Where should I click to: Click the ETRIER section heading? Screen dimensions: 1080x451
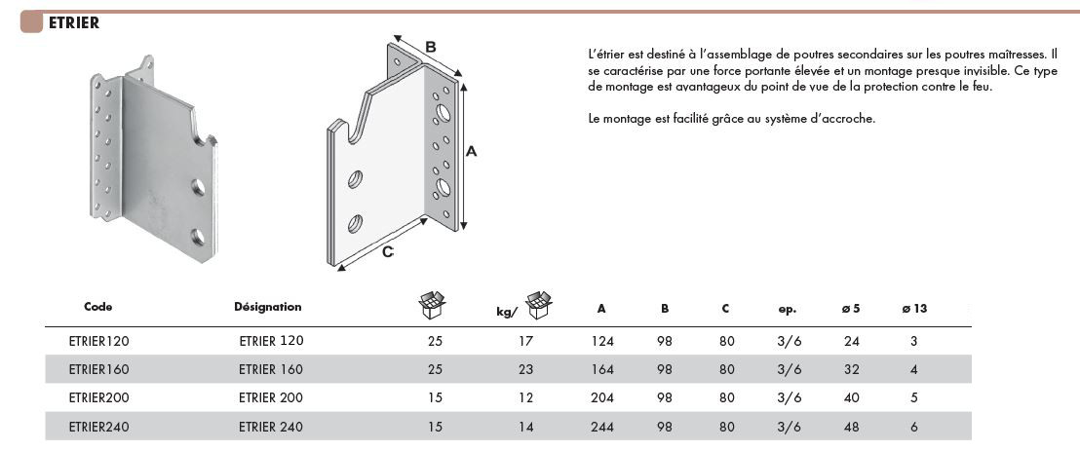(74, 23)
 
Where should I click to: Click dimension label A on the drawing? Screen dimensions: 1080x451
(472, 152)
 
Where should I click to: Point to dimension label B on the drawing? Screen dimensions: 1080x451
(431, 48)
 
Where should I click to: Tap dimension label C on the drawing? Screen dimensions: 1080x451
(389, 252)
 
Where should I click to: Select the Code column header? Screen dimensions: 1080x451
(98, 307)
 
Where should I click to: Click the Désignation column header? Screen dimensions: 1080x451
(268, 307)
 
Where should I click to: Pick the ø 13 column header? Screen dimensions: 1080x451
(914, 309)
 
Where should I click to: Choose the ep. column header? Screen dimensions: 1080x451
(788, 309)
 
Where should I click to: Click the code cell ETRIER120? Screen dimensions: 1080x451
(99, 341)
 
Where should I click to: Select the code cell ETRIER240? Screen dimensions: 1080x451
(99, 427)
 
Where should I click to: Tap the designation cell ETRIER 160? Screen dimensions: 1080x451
(271, 369)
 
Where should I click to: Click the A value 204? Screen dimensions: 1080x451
(602, 398)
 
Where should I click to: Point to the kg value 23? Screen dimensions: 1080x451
(525, 369)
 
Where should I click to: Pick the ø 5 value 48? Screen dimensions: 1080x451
(851, 427)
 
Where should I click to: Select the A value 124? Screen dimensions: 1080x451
(602, 341)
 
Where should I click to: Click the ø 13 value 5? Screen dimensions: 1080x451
(914, 398)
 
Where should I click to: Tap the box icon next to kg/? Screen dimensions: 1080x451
(539, 305)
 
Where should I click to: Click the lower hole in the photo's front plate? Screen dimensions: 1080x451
(198, 238)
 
